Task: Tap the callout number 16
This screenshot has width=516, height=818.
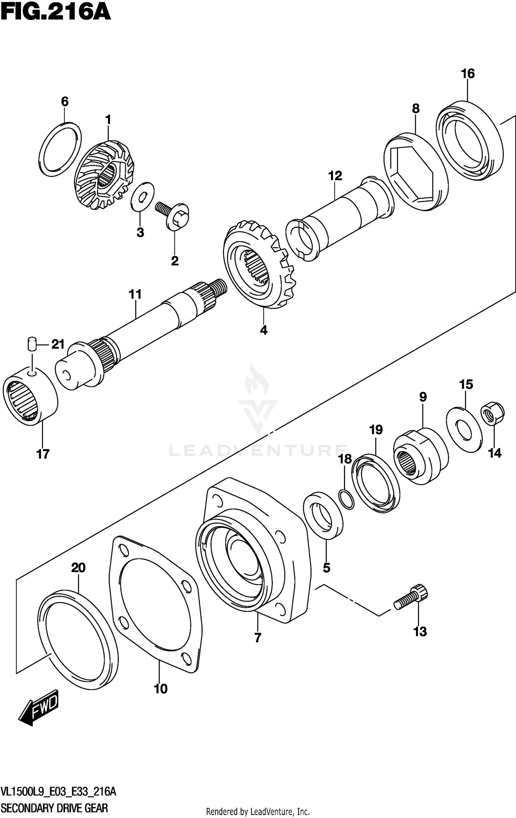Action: [467, 74]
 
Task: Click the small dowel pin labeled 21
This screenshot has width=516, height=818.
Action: [31, 344]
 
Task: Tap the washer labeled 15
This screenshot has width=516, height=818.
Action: [464, 430]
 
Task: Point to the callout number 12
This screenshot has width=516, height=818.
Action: [335, 176]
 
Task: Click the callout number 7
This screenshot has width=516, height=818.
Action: [258, 638]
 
